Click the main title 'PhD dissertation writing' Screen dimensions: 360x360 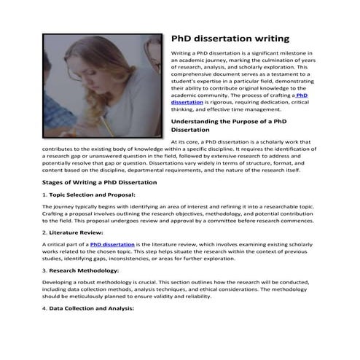click(230, 38)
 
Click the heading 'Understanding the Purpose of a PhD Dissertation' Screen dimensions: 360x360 click(231, 125)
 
